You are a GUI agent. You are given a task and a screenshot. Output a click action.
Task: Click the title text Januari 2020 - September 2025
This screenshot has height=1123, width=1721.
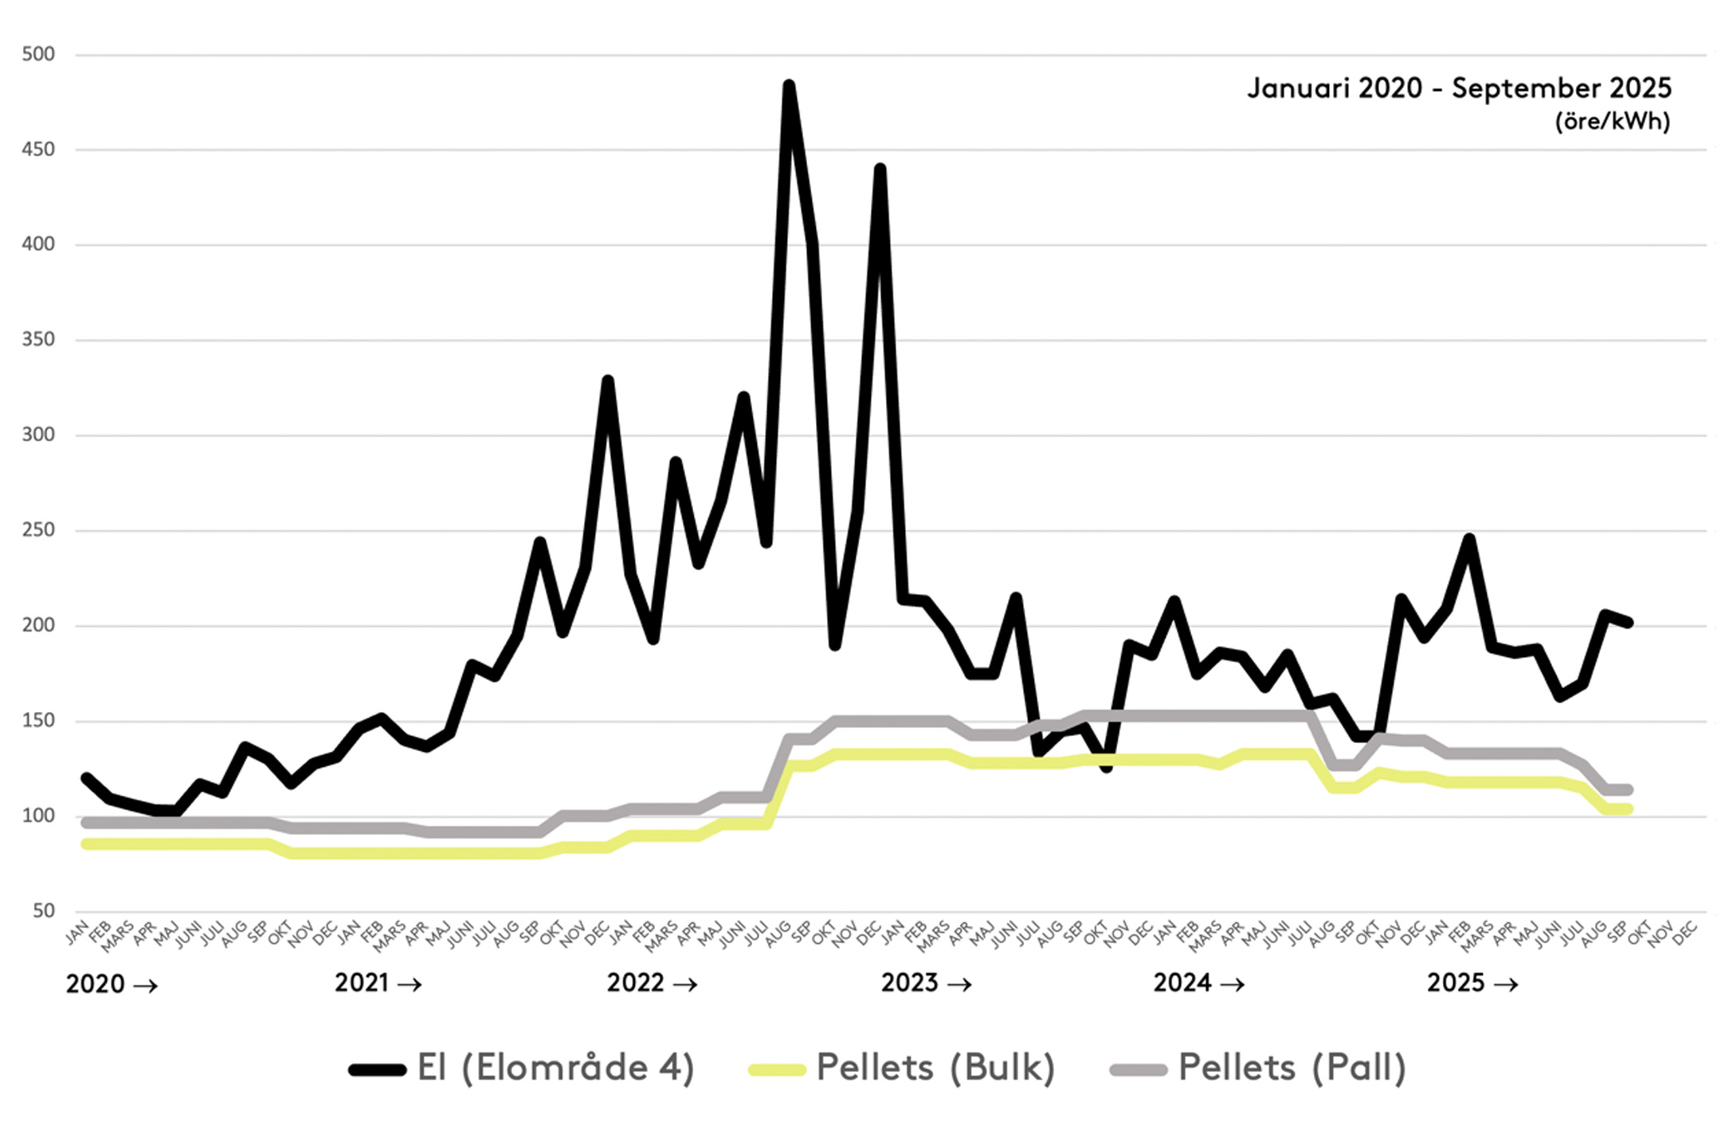tap(1459, 88)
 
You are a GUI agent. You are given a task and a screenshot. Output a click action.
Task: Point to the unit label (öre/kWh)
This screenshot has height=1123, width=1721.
tap(1613, 122)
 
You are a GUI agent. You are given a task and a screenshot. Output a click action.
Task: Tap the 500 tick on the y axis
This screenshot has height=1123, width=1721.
tap(38, 54)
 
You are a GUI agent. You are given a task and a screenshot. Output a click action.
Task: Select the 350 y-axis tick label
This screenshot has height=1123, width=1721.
tap(38, 339)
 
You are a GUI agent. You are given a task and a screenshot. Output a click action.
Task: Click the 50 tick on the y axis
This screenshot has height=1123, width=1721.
tap(44, 910)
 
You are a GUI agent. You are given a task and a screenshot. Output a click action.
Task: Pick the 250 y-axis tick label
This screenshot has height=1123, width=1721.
tap(38, 530)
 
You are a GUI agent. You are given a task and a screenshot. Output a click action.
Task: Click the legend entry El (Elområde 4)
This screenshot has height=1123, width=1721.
tap(522, 1068)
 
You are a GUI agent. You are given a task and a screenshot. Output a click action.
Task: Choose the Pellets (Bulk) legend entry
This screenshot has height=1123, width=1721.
tap(902, 1068)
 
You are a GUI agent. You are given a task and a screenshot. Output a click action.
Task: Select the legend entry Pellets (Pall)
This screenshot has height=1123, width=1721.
tap(1259, 1068)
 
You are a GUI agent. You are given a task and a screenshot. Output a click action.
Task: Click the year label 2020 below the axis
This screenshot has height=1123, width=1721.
tap(95, 984)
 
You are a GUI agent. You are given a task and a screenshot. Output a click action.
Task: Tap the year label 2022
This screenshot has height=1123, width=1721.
tap(635, 983)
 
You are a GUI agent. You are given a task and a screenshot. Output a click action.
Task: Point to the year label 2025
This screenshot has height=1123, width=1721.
tap(1455, 983)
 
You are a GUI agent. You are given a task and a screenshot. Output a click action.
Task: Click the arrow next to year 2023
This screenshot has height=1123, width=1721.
tap(959, 984)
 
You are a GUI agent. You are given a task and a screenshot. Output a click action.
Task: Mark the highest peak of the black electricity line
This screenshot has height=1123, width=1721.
tap(789, 84)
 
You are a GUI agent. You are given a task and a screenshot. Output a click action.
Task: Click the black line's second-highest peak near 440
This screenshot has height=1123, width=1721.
tap(880, 169)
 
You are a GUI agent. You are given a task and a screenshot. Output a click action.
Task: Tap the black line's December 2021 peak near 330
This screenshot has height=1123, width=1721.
tap(608, 381)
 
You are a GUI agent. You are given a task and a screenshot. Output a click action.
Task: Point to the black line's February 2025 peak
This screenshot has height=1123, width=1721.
tap(1469, 539)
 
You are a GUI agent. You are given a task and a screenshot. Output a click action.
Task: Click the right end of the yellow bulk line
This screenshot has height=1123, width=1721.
tap(1628, 809)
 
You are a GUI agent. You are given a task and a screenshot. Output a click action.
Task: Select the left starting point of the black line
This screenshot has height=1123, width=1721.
tap(86, 777)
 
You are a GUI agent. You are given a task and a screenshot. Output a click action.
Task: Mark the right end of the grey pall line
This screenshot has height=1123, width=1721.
tap(1628, 790)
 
